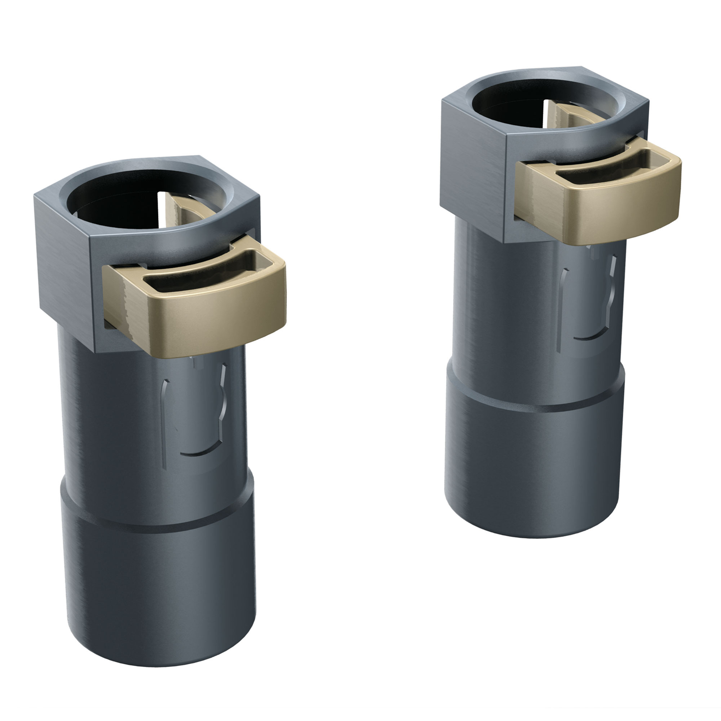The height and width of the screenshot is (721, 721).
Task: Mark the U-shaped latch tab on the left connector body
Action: tap(197, 424)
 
